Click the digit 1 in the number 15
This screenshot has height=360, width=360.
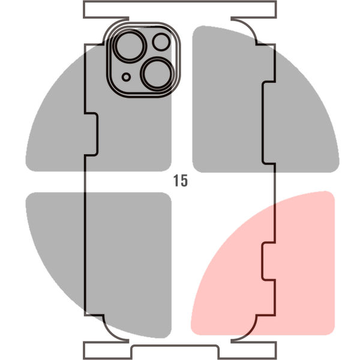click(176, 180)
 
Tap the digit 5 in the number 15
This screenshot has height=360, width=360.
click(184, 181)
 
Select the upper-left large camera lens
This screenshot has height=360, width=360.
click(130, 46)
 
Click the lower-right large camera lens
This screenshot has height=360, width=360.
click(157, 74)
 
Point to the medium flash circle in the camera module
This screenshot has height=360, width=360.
click(161, 42)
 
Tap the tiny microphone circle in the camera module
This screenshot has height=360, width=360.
click(126, 77)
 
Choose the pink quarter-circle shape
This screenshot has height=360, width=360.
click(263, 263)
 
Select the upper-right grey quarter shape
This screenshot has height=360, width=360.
click(266, 99)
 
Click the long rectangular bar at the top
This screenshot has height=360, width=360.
click(180, 10)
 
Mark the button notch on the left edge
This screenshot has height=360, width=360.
click(91, 134)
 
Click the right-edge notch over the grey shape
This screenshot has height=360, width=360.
click(268, 123)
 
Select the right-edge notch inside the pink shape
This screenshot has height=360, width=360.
click(268, 261)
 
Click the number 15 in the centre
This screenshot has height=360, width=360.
click(181, 181)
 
